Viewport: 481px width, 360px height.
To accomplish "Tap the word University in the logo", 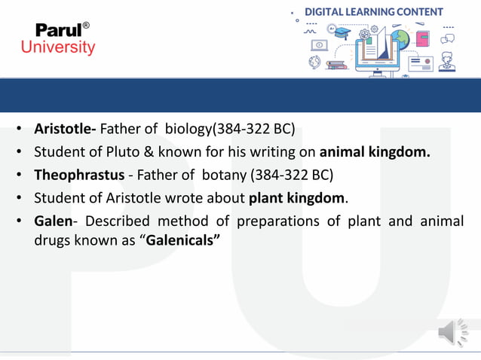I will [58, 47].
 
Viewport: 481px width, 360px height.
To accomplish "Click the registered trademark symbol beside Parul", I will [86, 26].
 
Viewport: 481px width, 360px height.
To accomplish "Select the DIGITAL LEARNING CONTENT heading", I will [373, 11].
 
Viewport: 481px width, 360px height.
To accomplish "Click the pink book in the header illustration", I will [421, 38].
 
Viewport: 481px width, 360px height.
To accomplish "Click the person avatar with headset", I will [447, 59].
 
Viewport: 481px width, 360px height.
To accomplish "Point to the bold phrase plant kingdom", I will [297, 200].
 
